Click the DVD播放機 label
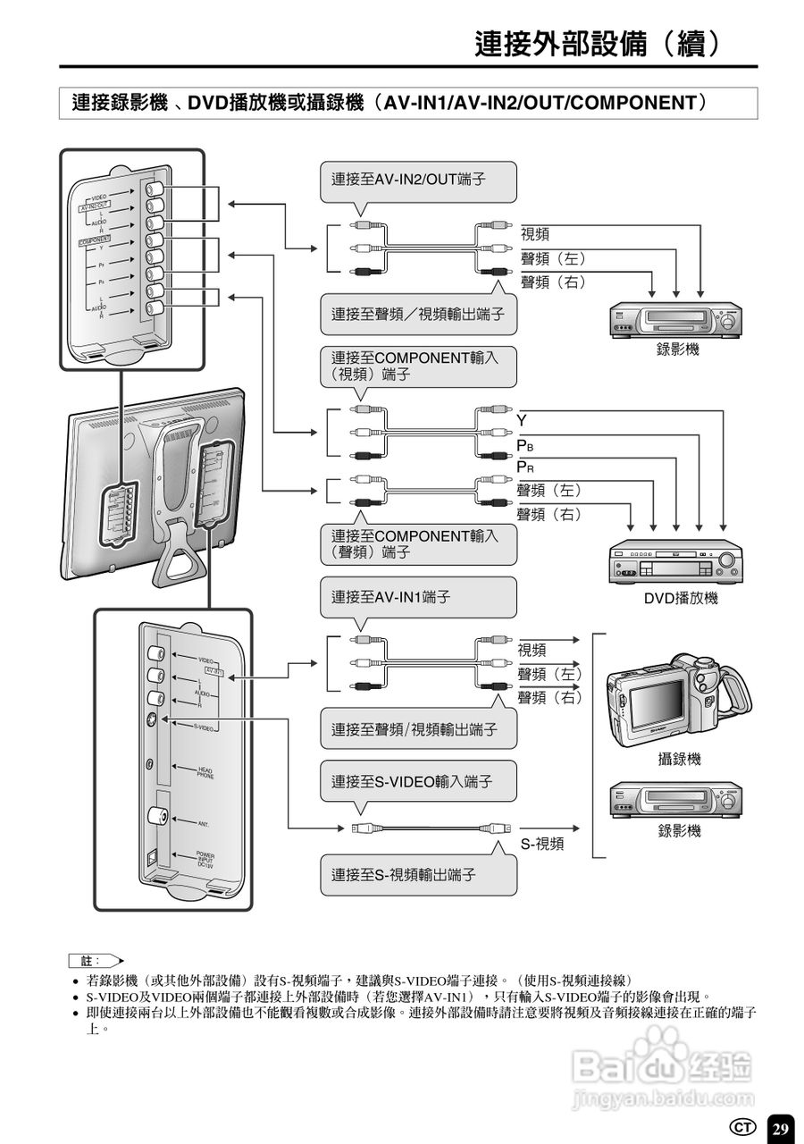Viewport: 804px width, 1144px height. (x=681, y=598)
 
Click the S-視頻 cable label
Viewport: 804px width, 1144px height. (x=542, y=843)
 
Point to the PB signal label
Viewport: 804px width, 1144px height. (x=525, y=445)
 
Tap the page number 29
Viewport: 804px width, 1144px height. (x=780, y=1128)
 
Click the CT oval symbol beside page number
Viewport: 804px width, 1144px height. (x=743, y=1127)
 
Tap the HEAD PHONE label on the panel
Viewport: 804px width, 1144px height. (x=205, y=772)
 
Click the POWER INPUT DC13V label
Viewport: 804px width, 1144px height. (x=205, y=860)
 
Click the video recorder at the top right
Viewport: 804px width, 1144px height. (x=676, y=319)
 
